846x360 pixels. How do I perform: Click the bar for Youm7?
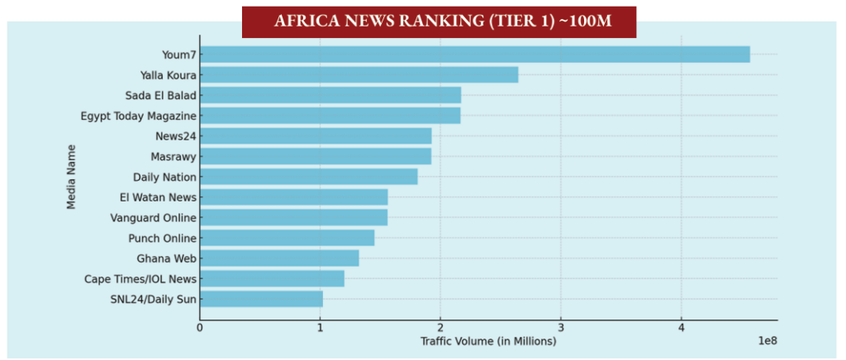pos(475,54)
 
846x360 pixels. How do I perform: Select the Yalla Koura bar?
pos(359,75)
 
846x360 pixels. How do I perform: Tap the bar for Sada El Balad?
pos(330,95)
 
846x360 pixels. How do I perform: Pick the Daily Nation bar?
pos(309,177)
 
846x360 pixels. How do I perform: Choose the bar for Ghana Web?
pos(279,258)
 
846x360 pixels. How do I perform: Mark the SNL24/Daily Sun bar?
pos(261,299)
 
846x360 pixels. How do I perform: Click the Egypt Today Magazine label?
pos(138,116)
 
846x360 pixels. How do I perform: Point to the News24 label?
pos(176,136)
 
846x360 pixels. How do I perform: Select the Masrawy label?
pos(173,156)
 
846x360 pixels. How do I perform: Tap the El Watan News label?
pos(159,197)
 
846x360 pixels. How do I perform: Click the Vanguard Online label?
pos(153,217)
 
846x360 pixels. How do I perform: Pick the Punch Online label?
pos(162,238)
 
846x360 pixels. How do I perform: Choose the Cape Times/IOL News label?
pos(140,278)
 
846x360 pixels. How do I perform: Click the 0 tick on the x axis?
pos(200,328)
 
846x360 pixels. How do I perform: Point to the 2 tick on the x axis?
pos(440,328)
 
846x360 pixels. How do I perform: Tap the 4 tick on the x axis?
pos(682,328)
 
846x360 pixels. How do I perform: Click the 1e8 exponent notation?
pos(766,341)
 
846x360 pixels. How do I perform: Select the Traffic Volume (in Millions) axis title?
pos(488,341)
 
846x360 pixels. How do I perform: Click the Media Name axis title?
pos(71,177)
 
